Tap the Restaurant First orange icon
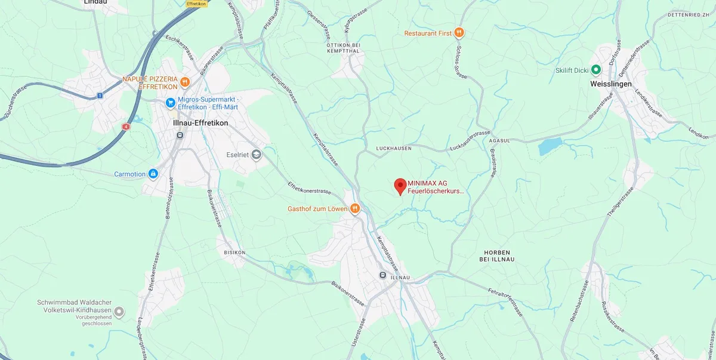[x=459, y=33]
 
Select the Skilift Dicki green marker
[x=595, y=70]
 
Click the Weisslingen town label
[x=610, y=84]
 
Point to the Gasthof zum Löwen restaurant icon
[x=355, y=208]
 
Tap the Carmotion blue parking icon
[x=153, y=174]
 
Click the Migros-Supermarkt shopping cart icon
[x=171, y=103]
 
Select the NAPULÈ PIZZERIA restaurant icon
[x=186, y=82]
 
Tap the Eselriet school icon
[x=256, y=155]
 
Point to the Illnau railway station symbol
[x=382, y=275]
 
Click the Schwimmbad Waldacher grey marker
[x=119, y=312]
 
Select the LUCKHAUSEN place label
[x=394, y=148]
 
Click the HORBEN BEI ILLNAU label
[x=496, y=256]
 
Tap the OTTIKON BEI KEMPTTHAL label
[x=344, y=48]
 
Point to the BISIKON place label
[x=234, y=253]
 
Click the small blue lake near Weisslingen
[x=550, y=146]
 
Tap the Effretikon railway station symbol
[x=178, y=136]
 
